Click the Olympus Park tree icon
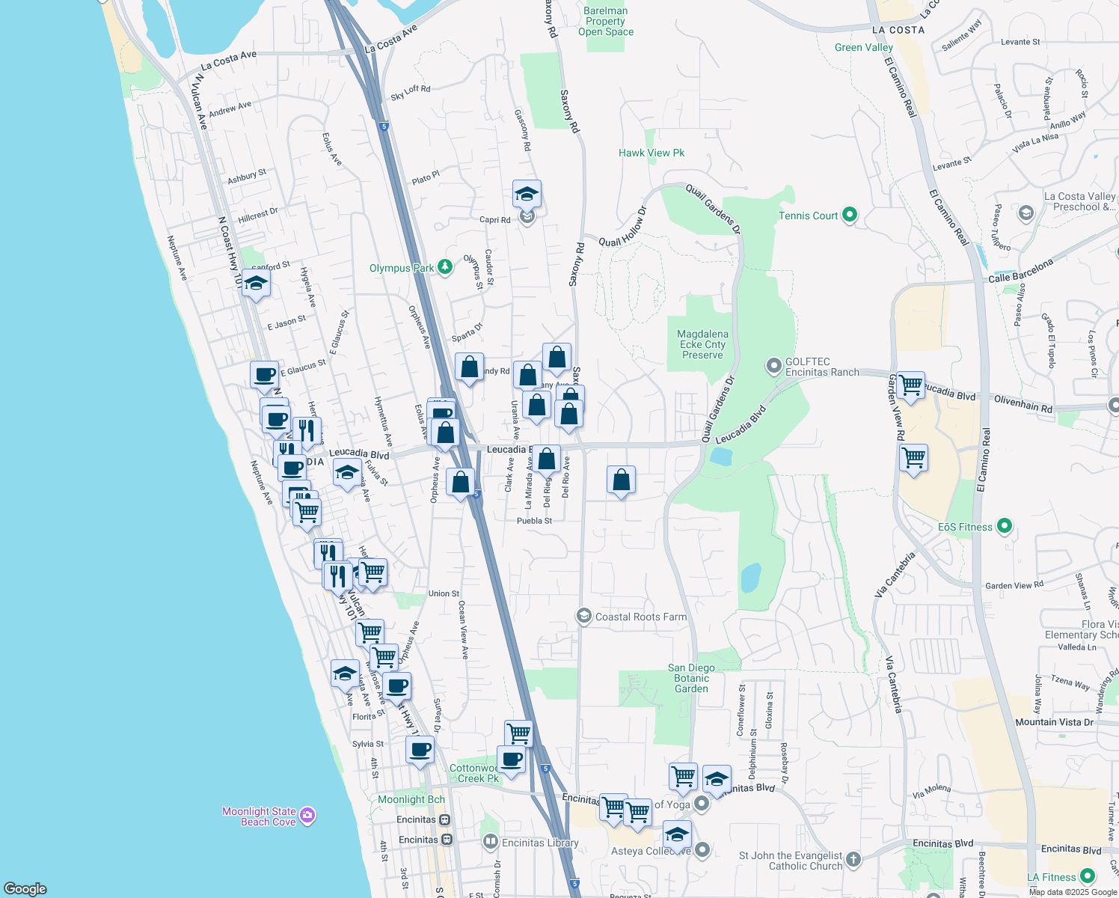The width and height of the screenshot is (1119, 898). coord(445,267)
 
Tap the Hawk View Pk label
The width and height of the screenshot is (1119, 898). coord(652,153)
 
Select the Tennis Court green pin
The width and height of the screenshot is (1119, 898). coord(849,216)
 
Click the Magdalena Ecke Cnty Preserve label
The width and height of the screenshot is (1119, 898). coord(702,344)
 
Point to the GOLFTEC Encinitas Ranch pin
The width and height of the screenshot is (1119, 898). coord(774,366)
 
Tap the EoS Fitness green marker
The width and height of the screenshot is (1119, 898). coord(1005,527)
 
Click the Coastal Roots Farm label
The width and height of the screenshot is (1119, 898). coord(640,617)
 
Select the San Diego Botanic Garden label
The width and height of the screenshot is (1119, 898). coord(691,678)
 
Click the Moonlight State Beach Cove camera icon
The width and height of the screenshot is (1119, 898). coord(307,815)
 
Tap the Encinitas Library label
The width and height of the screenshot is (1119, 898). coord(540,843)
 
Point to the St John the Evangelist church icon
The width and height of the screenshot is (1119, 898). coord(853,859)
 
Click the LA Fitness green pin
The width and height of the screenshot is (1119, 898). coord(1088,876)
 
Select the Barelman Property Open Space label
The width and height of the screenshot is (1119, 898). coord(606,21)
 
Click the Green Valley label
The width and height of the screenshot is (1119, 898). coord(864,47)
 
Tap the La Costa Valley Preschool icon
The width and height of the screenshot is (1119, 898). coord(1026,214)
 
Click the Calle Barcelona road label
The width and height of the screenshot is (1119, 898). coord(1020,271)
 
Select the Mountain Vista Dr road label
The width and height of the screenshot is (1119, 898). coord(1054,722)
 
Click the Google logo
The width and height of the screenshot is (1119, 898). coord(25,888)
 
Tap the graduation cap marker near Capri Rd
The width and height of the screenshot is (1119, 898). coord(527,194)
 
